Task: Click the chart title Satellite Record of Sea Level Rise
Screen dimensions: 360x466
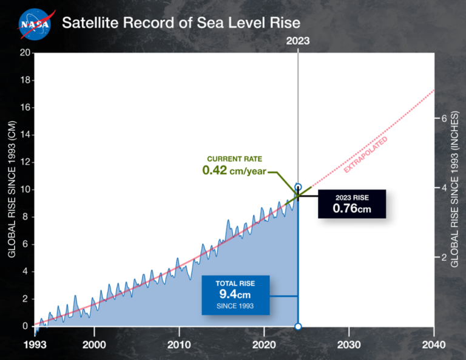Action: click(181, 24)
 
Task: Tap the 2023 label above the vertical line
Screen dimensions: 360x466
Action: click(297, 41)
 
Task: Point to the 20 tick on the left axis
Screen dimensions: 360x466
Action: click(25, 52)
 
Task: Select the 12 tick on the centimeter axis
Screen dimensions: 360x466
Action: click(25, 162)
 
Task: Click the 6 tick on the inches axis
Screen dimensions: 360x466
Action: click(444, 118)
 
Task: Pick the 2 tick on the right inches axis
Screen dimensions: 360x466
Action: click(444, 257)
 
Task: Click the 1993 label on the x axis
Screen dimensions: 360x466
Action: click(35, 344)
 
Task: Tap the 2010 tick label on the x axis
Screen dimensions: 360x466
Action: click(179, 344)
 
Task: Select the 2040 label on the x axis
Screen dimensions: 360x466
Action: click(434, 344)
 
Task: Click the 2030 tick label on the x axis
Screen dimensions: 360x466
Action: click(349, 344)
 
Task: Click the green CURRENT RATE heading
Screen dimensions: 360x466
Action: click(235, 158)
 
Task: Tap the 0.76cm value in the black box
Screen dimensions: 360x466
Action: click(353, 208)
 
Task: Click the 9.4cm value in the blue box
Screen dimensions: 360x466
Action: click(235, 294)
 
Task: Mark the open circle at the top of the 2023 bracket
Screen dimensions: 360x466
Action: click(297, 187)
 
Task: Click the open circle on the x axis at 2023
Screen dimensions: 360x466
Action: click(297, 327)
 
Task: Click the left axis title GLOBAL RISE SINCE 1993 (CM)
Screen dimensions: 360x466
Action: click(11, 189)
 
